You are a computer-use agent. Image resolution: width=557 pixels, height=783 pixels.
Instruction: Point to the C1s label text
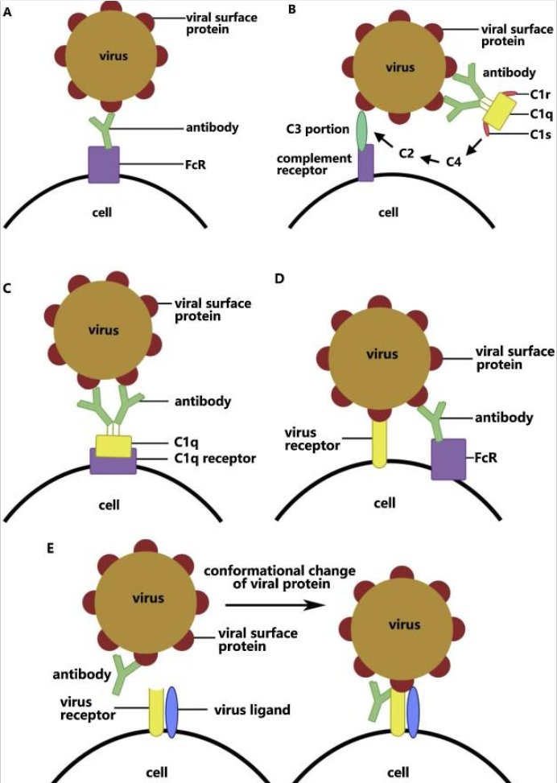point(519,134)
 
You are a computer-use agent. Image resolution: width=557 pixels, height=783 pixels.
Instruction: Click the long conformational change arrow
point(276,604)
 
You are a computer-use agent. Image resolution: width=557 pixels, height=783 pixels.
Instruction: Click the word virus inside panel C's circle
point(104,330)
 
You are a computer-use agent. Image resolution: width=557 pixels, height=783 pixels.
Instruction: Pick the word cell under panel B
point(388,213)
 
